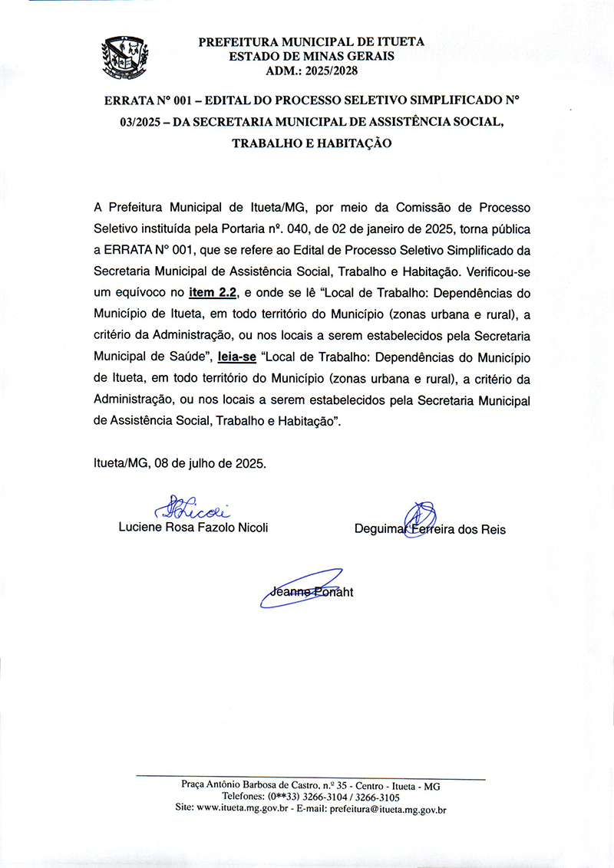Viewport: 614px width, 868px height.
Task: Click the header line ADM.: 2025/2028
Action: point(311,71)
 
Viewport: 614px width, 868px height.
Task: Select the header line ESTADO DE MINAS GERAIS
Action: point(311,56)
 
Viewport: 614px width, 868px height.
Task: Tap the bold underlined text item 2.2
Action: point(214,292)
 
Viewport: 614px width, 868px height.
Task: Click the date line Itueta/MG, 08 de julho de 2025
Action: point(180,464)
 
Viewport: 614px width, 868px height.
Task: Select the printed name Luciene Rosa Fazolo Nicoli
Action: point(193,528)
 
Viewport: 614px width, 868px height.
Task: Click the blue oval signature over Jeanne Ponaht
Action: point(303,589)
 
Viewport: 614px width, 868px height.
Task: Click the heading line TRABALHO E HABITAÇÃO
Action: point(312,143)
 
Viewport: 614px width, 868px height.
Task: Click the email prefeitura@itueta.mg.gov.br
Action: point(388,808)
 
